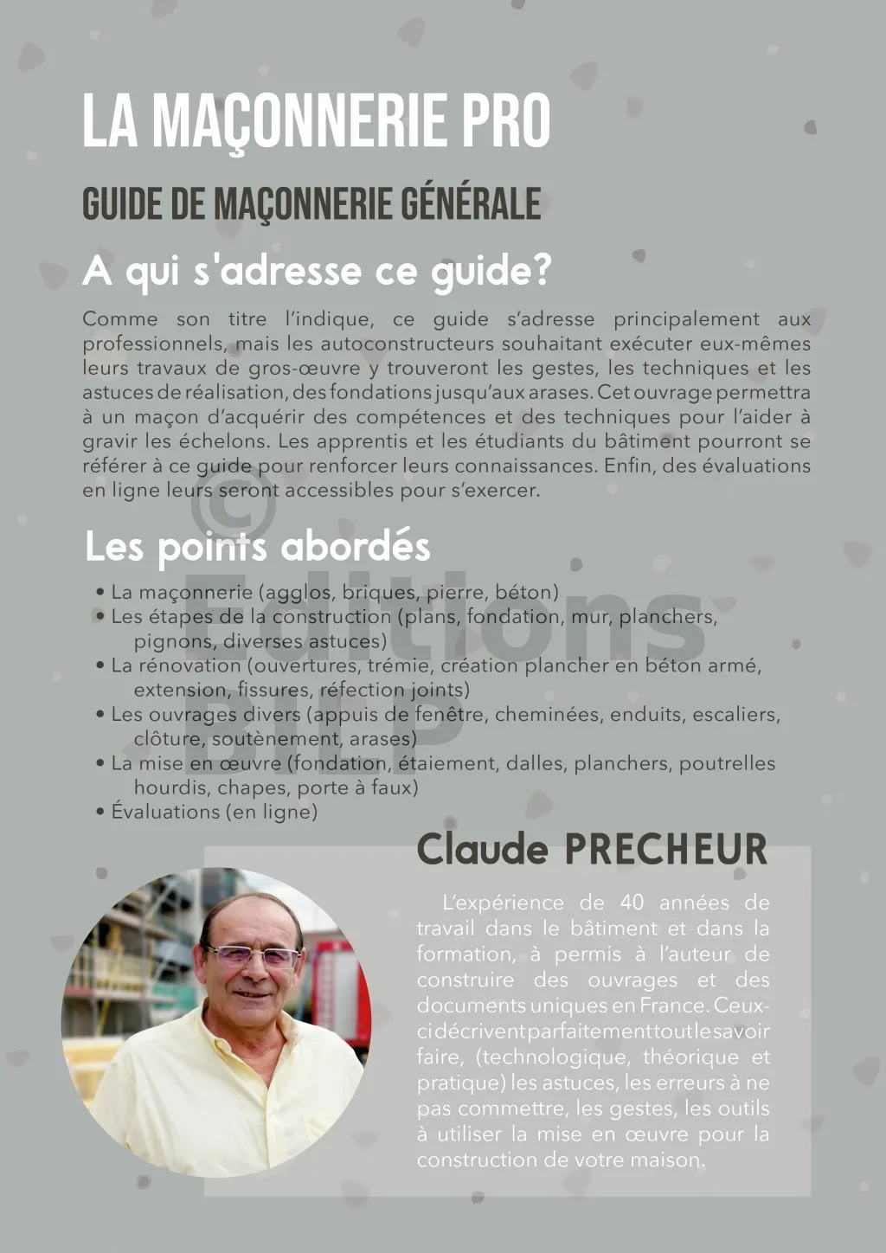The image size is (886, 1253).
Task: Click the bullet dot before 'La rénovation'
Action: point(101,665)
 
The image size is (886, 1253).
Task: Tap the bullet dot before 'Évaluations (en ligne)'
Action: point(101,812)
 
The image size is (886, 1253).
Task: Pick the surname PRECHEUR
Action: point(665,849)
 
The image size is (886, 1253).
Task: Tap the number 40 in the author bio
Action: point(632,903)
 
